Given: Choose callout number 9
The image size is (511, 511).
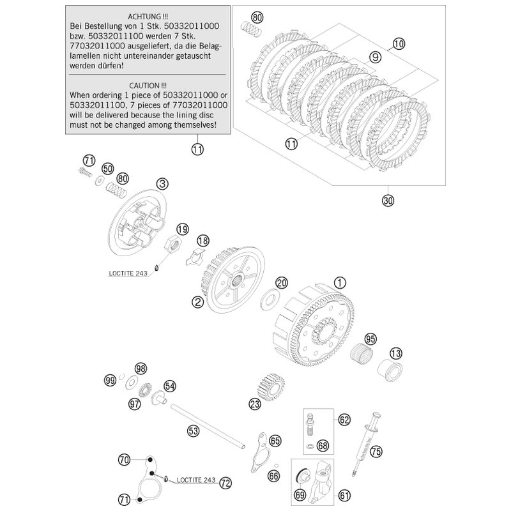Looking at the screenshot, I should (376, 57).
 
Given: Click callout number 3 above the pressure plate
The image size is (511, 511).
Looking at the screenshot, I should (163, 184).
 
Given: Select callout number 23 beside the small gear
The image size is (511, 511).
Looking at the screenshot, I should (255, 404).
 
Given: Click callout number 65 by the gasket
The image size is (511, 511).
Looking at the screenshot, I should (275, 441).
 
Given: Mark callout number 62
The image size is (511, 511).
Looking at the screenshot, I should (345, 420).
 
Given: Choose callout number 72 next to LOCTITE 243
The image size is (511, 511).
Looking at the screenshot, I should (225, 484).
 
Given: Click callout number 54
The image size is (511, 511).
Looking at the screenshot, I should (169, 386).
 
